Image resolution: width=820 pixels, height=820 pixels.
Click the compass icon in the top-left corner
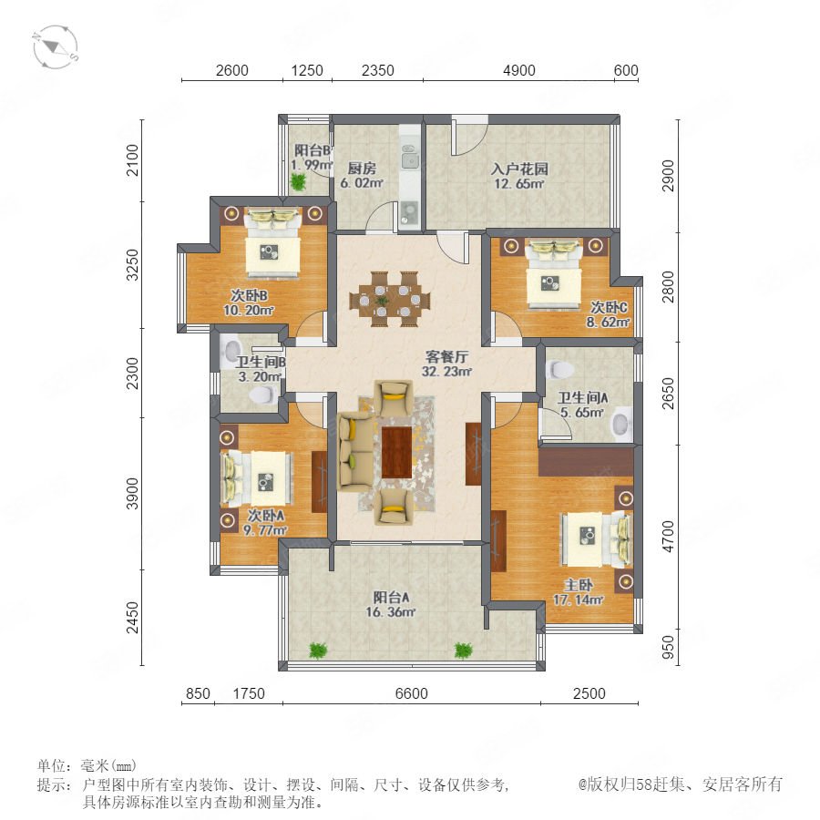pyautogui.click(x=56, y=47)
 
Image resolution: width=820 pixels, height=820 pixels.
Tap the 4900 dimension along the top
pyautogui.click(x=518, y=70)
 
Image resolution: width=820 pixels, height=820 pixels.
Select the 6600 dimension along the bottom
pyautogui.click(x=412, y=693)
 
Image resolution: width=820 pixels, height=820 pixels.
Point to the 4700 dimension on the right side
pyautogui.click(x=668, y=537)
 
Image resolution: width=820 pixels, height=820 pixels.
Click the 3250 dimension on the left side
pyautogui.click(x=133, y=264)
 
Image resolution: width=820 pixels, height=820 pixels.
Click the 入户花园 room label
pyautogui.click(x=519, y=169)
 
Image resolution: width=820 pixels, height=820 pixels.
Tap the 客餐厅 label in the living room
pyautogui.click(x=446, y=356)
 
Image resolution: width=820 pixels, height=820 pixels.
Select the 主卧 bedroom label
pyautogui.click(x=579, y=585)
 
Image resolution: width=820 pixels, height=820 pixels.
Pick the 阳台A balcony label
pyautogui.click(x=391, y=597)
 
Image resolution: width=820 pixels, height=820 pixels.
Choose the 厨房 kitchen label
pyautogui.click(x=362, y=169)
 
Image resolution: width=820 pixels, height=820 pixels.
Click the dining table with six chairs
pyautogui.click(x=390, y=299)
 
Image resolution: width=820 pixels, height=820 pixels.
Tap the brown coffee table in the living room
pyautogui.click(x=396, y=452)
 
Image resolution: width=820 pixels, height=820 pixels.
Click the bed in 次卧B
pyautogui.click(x=272, y=242)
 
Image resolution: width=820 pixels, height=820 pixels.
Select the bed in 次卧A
pyautogui.click(x=256, y=479)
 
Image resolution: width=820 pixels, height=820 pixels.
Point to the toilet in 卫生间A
pyautogui.click(x=559, y=369)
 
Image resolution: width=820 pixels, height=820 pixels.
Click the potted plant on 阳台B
pyautogui.click(x=298, y=181)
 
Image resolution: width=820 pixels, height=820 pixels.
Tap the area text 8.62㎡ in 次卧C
pyautogui.click(x=608, y=323)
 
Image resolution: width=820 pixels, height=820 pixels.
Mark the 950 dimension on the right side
pyautogui.click(x=668, y=648)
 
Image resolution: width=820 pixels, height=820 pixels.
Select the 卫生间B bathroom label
pyautogui.click(x=261, y=362)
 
